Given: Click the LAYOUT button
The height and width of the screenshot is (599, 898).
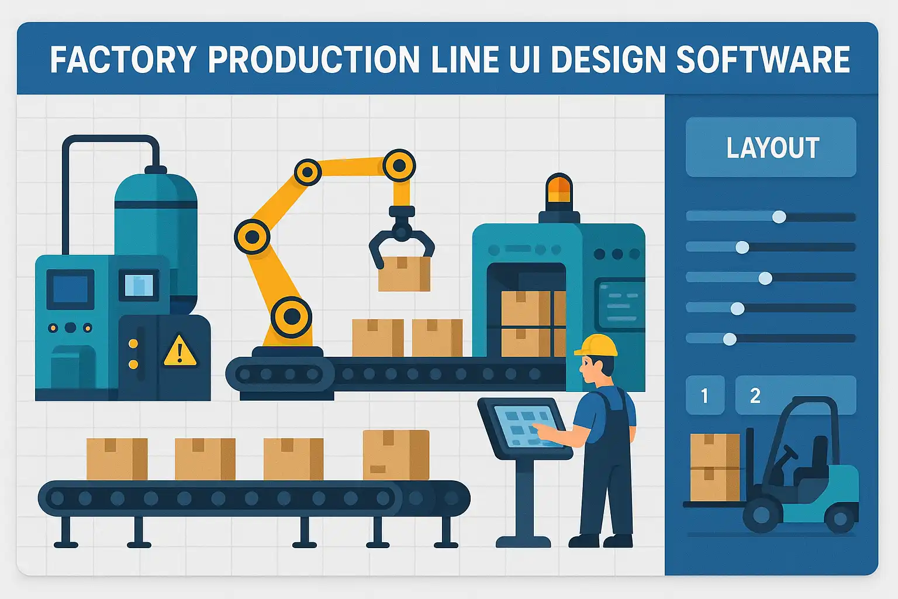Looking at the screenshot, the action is point(771,147).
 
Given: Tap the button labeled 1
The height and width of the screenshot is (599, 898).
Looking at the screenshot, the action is point(704,395).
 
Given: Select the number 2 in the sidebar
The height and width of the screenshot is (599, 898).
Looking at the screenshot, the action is point(755,395).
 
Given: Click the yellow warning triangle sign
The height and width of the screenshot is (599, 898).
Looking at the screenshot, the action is point(180,351).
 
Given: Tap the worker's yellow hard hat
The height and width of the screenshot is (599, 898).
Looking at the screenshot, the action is point(596,345).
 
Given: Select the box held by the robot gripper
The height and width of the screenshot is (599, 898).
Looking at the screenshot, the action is point(404,274).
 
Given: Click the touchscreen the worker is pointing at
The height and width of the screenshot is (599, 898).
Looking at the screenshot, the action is point(528,426).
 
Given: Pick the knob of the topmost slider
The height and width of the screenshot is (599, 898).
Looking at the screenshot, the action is point(779,216).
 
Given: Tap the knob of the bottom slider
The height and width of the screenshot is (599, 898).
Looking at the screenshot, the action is point(730,339).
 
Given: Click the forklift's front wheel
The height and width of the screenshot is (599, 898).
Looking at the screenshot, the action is point(762,515).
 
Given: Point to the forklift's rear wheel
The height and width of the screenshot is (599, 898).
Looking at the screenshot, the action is point(839,519).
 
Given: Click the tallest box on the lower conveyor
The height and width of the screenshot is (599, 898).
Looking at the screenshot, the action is point(396,455).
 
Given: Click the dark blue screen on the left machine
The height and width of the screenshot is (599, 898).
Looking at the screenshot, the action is point(71,290).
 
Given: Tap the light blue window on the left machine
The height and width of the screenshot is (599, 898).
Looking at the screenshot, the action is point(139,285).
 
